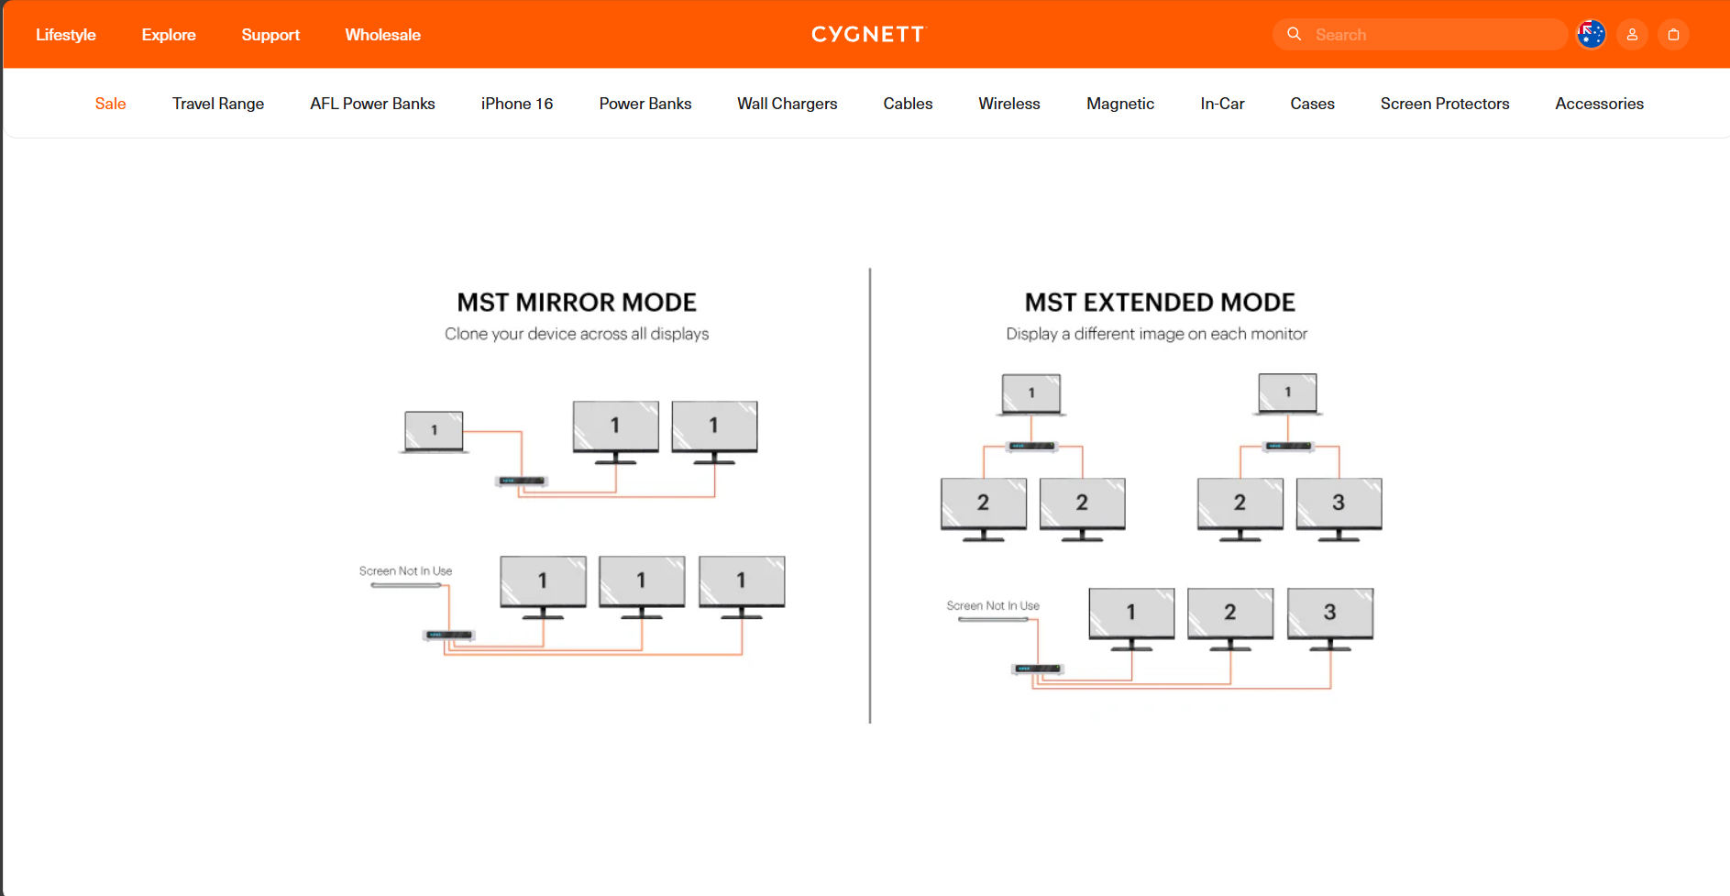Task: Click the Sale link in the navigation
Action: [x=110, y=104]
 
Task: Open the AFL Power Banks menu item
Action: [x=372, y=104]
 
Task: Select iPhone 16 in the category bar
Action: [x=517, y=104]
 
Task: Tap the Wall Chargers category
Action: [x=787, y=104]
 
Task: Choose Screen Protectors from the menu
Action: [x=1444, y=104]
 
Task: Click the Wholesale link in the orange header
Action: [x=382, y=35]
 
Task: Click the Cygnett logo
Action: [x=868, y=35]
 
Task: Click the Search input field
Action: [x=1430, y=35]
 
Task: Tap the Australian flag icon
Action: [x=1591, y=35]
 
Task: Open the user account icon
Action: [x=1632, y=35]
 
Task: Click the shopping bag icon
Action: [x=1673, y=35]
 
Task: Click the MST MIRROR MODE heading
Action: [x=577, y=303]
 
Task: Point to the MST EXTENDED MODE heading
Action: [x=1160, y=303]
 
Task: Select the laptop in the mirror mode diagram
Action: [x=434, y=430]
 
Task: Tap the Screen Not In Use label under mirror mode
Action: [x=405, y=571]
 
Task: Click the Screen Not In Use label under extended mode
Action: [x=993, y=606]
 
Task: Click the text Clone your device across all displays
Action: [x=577, y=334]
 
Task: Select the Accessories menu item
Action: [x=1599, y=104]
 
